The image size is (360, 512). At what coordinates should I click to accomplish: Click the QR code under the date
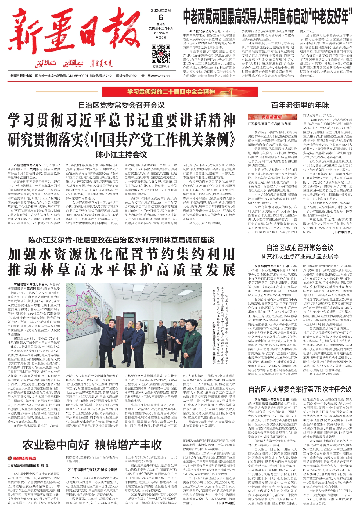pos(161,54)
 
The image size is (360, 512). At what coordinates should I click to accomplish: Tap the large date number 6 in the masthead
pos(161,17)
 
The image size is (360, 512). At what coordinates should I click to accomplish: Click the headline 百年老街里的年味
pos(300,105)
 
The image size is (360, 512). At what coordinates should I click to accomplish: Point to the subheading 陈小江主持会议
pos(121,155)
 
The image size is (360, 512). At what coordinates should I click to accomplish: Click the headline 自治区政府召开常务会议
pos(300,248)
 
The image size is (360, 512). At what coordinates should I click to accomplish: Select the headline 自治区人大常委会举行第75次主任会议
pos(300,390)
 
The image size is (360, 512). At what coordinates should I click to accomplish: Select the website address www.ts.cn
pos(161,76)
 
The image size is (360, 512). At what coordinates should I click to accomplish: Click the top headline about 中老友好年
pos(268,17)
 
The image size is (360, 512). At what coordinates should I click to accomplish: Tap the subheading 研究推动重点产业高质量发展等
pos(300,256)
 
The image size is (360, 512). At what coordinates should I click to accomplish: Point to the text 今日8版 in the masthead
pos(161,37)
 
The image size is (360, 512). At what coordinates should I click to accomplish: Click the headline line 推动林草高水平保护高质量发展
pos(121,270)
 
